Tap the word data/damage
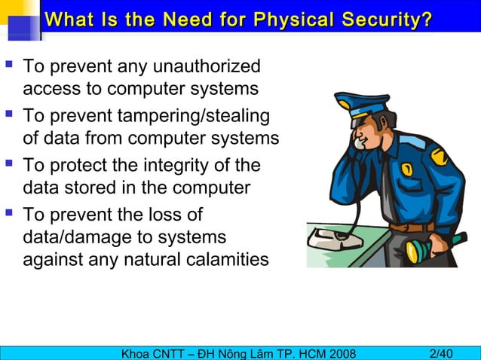click(x=72, y=237)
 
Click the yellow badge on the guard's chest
click(x=406, y=170)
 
